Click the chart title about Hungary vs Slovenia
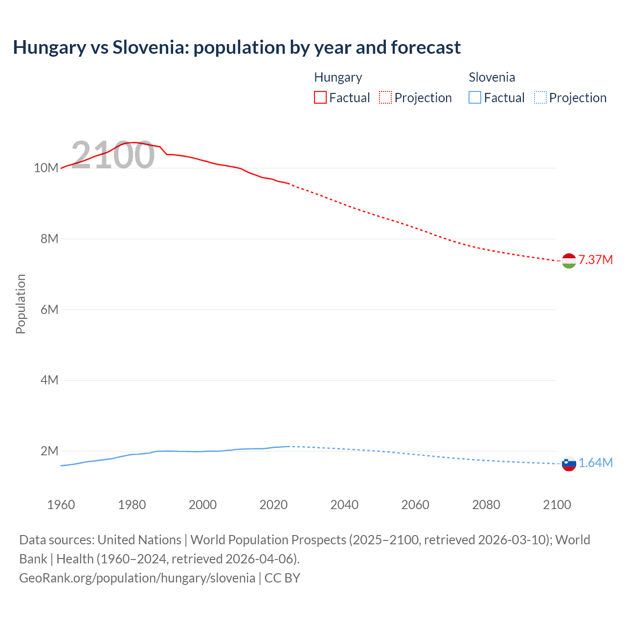pos(237,47)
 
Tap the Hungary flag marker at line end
pos(569,261)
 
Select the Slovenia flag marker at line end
pos(569,464)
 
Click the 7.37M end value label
pos(596,260)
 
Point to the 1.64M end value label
pos(596,463)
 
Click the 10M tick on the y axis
pos(46,168)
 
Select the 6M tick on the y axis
pos(49,310)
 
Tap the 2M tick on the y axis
pos(49,451)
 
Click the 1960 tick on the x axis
pos(61,505)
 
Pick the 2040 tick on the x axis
pos(344,505)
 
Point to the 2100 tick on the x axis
pos(557,505)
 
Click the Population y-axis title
pos(21,304)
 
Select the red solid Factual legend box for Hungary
pos(320,98)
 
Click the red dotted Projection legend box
pos(385,98)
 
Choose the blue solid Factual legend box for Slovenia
pos(475,98)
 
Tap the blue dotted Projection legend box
pos(540,98)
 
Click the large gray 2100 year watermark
pos(113,155)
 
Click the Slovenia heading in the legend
pos(492,77)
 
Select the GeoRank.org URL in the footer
pos(137,578)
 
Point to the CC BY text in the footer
pos(282,578)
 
